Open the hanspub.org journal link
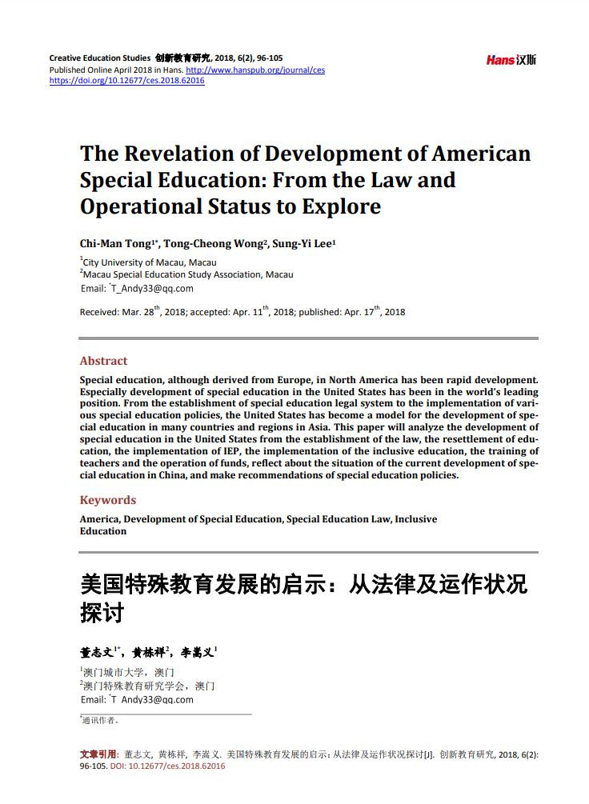(255, 70)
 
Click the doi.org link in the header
(127, 81)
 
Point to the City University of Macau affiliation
(150, 262)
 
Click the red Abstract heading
(103, 361)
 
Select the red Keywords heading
(108, 500)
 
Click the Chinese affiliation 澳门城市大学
(116, 672)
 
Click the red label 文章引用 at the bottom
(98, 754)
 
